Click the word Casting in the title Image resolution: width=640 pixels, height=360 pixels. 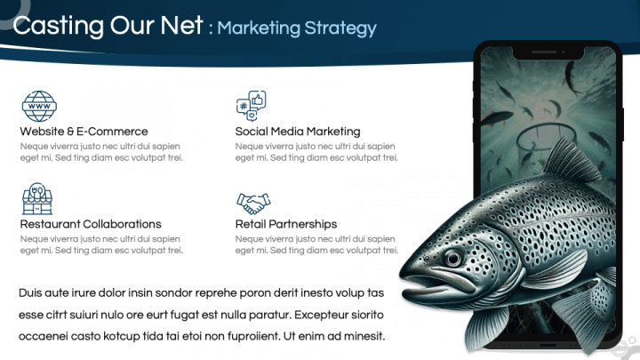pos(59,26)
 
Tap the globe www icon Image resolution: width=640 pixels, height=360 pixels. pos(39,106)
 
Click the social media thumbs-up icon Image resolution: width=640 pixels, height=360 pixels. pos(251,106)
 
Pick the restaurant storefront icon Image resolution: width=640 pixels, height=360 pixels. pos(37,199)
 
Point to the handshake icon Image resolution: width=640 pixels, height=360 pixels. pos(253,204)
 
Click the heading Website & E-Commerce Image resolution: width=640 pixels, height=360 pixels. pos(84,132)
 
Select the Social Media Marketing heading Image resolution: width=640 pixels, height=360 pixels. pos(298,132)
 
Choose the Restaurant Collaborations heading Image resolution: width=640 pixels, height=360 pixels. pos(91,224)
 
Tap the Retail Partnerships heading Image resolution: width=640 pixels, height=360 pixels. pos(286,224)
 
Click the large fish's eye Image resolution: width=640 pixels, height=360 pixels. pos(453,258)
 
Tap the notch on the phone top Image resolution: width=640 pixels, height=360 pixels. pos(548,52)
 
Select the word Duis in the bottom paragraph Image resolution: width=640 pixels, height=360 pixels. pos(30,292)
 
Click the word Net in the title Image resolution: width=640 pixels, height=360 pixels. pos(181,26)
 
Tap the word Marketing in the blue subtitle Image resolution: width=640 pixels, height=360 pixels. pos(259,28)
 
